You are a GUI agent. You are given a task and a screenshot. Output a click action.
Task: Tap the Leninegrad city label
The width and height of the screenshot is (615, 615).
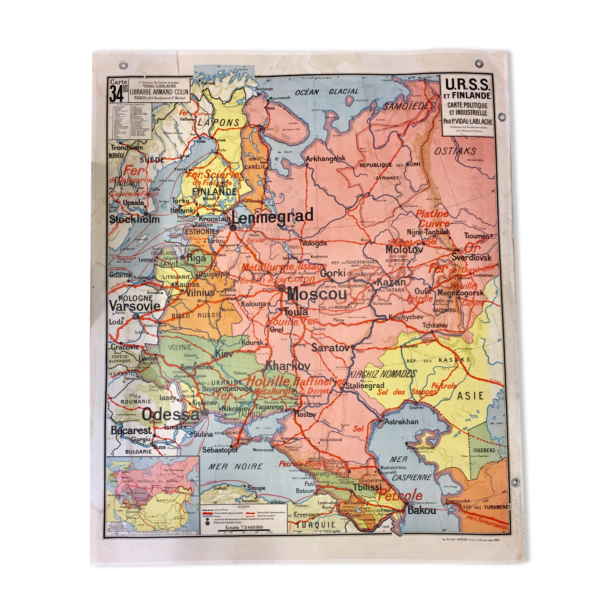tap(273, 217)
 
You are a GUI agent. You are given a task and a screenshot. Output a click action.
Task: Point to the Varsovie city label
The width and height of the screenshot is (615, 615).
tap(135, 306)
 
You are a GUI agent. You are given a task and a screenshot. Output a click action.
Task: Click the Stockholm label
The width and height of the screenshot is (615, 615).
tap(135, 219)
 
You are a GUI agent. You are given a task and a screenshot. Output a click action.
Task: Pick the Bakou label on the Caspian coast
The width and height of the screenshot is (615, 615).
tap(422, 510)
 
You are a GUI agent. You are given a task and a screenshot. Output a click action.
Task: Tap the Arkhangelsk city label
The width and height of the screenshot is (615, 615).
tap(325, 159)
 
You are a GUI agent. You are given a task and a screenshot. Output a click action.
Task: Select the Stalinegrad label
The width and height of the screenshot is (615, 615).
tap(365, 385)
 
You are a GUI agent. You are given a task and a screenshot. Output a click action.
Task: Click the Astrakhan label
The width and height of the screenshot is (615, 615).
tap(401, 421)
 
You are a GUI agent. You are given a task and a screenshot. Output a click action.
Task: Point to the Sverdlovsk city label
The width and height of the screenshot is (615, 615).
tap(471, 257)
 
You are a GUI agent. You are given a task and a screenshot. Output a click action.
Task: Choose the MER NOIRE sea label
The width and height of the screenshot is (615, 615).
tap(236, 466)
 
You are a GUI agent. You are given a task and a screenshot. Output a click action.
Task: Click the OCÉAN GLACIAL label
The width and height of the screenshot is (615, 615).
tap(327, 92)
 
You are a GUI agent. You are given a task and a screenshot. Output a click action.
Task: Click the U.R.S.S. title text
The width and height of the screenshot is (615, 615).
tap(467, 84)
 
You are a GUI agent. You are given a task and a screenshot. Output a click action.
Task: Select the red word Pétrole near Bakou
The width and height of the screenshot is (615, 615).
tap(400, 496)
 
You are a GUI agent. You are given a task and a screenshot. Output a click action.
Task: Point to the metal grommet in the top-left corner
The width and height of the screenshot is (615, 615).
tap(123, 65)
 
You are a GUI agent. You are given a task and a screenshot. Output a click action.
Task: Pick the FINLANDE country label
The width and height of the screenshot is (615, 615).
tap(214, 191)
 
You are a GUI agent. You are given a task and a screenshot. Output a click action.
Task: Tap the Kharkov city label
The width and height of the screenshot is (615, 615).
tap(288, 366)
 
